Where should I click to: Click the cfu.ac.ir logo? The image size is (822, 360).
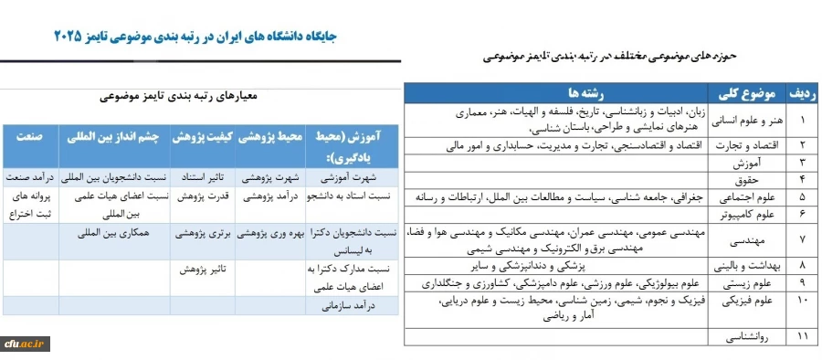click(x=26, y=343)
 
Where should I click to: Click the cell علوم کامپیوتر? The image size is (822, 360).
click(x=748, y=213)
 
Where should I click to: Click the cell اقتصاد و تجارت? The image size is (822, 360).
click(x=748, y=145)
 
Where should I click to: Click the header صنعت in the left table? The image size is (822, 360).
click(x=29, y=134)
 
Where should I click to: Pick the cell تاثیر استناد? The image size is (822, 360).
click(x=201, y=178)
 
